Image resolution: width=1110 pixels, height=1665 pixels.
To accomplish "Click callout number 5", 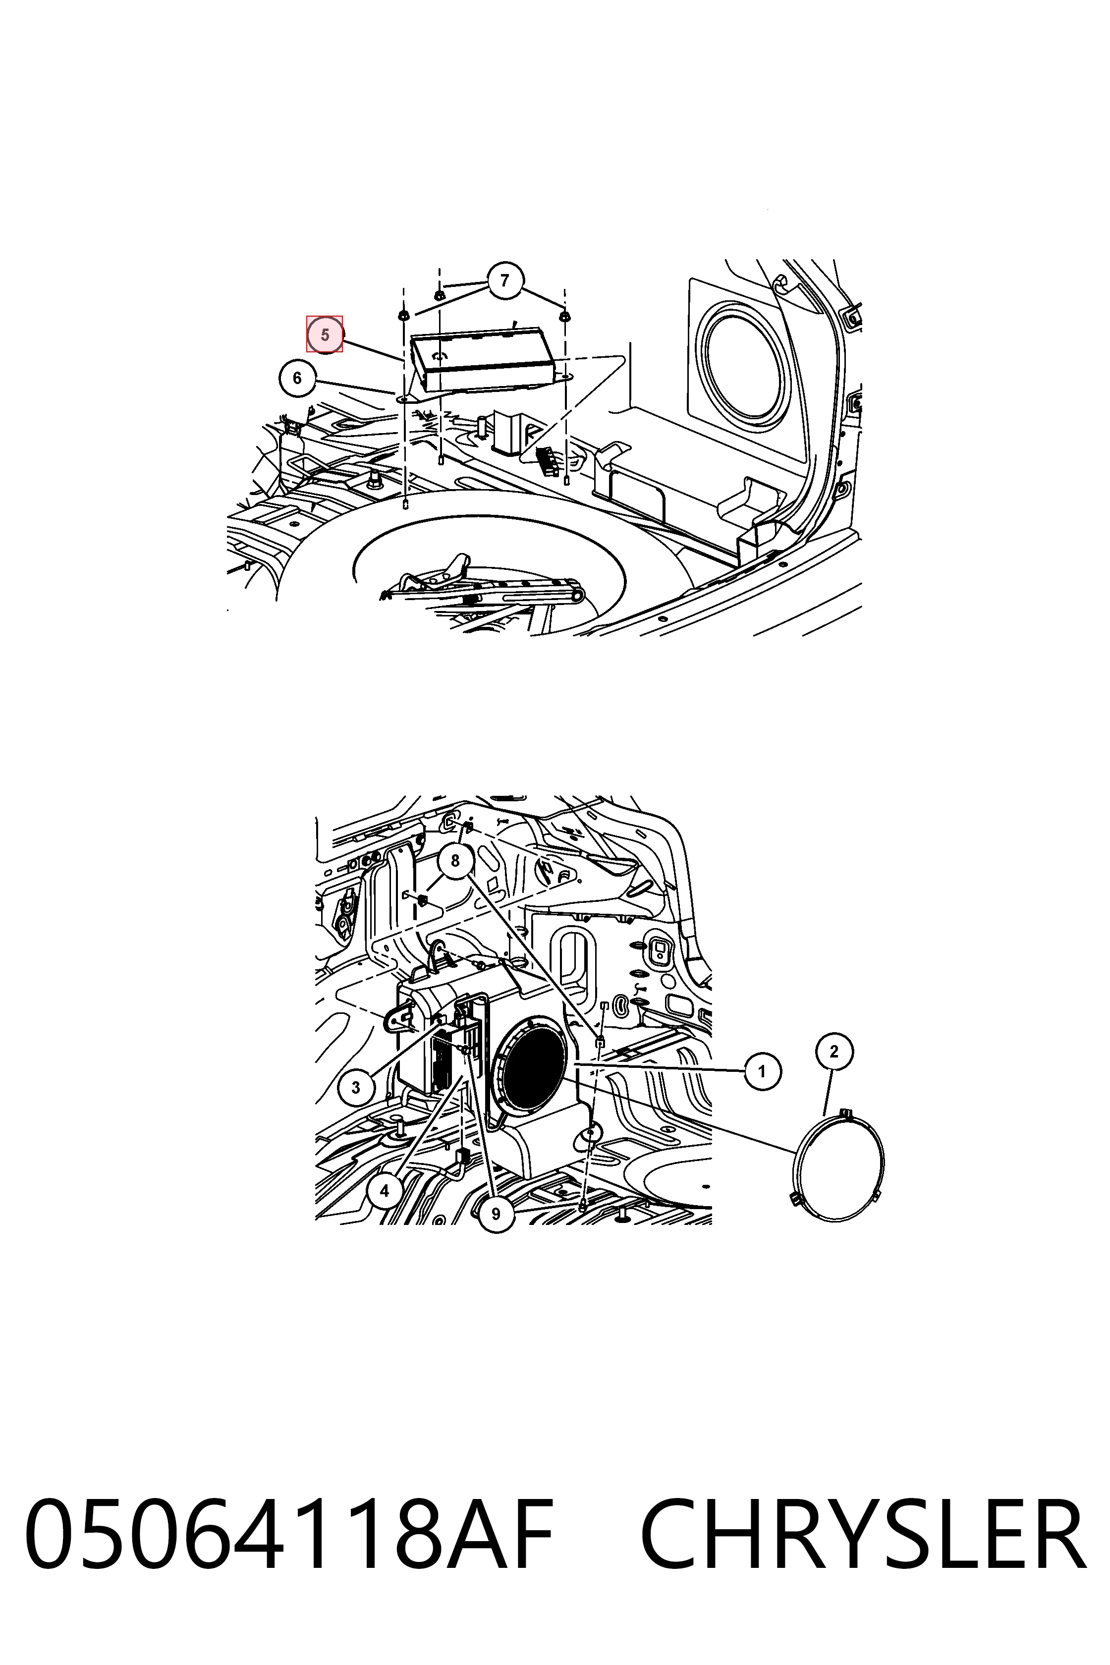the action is coord(324,334).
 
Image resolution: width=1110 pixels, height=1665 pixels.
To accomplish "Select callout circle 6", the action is coord(297,379).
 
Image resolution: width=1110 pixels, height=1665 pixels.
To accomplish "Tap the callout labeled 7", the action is coord(504,281).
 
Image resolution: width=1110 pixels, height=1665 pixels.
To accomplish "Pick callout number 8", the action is coord(454,861).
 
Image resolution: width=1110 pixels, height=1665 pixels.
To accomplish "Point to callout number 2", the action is coord(834,1052).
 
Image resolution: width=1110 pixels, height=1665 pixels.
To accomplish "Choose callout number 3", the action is coord(355,1087).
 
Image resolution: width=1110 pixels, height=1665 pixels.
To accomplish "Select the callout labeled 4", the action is coord(385,1191).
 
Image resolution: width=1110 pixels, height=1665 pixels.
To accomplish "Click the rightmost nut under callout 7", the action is coord(565,316).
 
